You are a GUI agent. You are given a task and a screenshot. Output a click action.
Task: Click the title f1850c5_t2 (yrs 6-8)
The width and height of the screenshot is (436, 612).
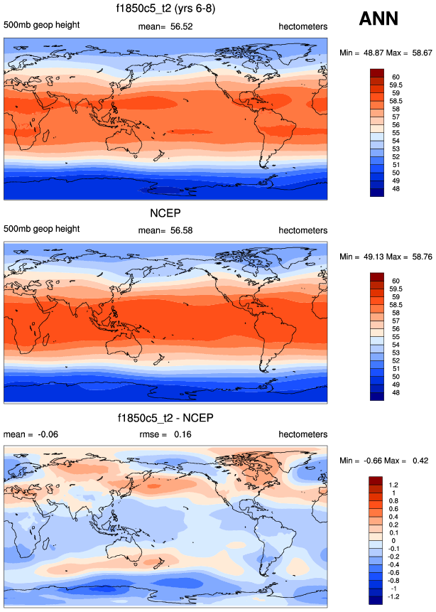166,10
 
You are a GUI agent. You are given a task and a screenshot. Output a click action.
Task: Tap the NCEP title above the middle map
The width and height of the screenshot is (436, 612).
166,214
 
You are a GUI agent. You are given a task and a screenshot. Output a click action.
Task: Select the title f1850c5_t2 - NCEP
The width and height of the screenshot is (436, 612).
166,418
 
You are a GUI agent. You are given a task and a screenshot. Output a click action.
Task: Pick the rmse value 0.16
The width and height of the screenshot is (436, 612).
183,434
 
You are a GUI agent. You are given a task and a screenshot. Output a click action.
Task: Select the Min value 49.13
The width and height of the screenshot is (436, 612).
370,256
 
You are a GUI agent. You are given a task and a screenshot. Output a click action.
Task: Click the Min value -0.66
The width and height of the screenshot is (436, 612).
370,460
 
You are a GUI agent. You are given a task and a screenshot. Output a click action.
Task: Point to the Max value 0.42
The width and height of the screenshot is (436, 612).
418,460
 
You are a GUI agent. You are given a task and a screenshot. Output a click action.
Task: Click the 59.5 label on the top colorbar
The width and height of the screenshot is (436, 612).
397,85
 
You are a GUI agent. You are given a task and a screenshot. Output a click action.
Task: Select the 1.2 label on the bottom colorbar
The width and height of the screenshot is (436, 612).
393,485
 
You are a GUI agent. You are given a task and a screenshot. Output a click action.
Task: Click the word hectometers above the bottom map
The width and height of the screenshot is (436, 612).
303,434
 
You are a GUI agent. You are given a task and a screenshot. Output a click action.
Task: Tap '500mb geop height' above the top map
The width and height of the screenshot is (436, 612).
41,26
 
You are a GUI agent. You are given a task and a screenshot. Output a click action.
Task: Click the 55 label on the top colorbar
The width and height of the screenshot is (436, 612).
393,133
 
